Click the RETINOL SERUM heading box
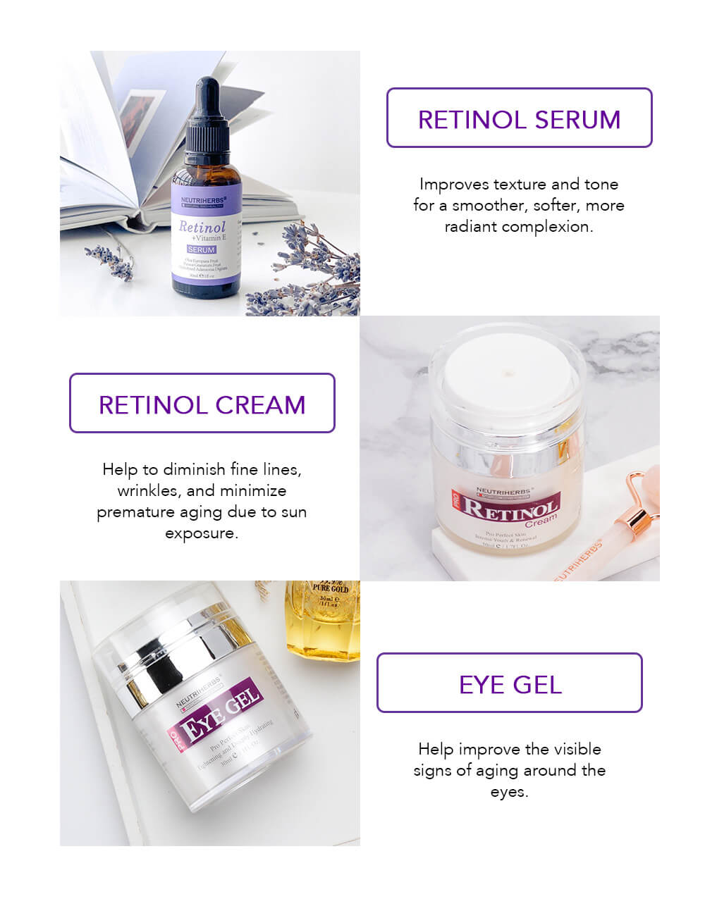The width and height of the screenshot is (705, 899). click(x=519, y=118)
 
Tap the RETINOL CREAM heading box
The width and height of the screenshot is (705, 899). click(x=202, y=404)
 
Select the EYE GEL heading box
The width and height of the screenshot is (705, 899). click(x=510, y=683)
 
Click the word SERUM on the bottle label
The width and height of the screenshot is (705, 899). click(x=202, y=250)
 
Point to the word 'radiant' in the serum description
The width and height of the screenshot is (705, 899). click(x=471, y=227)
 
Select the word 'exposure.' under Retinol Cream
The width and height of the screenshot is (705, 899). click(x=202, y=533)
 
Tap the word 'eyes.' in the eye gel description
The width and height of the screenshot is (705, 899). click(x=509, y=791)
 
